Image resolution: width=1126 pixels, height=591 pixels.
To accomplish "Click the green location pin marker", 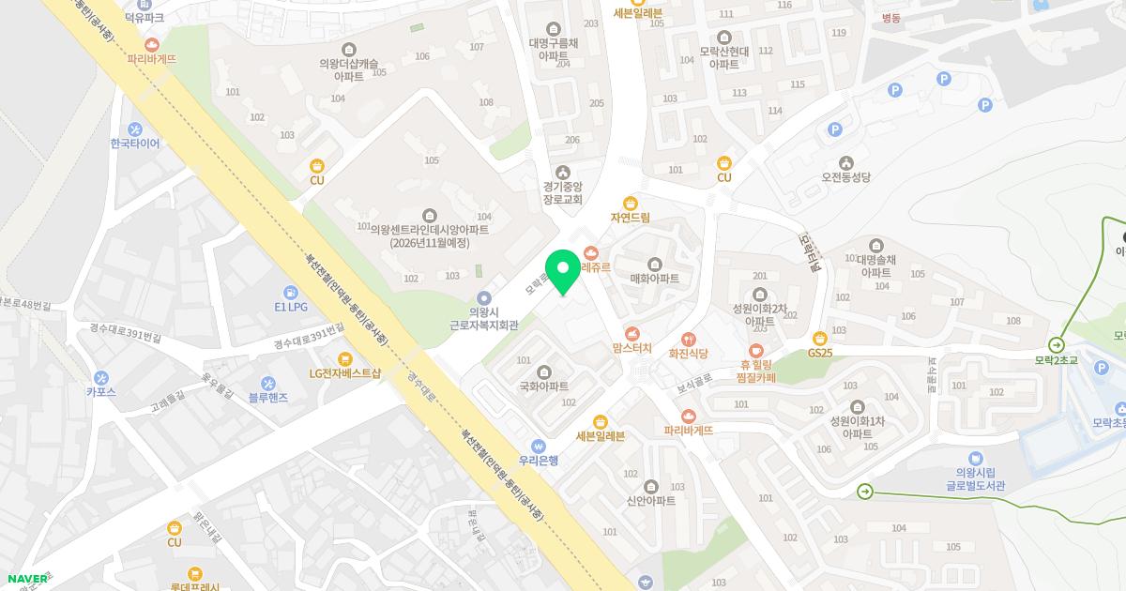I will (563, 272).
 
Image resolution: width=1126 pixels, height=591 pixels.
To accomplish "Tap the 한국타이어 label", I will (135, 144).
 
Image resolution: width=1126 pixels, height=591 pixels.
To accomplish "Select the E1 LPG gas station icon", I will (291, 292).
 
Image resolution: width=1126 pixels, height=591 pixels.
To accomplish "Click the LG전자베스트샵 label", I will (345, 373).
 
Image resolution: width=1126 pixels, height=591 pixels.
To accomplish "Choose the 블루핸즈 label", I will (268, 398).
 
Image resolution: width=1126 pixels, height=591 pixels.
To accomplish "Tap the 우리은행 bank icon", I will (539, 446).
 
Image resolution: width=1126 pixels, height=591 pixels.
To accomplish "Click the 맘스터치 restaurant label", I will (631, 348).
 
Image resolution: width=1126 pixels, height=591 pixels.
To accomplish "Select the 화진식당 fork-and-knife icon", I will (688, 339).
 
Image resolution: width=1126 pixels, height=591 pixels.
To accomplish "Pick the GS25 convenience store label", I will (820, 353).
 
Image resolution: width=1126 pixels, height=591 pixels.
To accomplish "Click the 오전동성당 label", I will (846, 176).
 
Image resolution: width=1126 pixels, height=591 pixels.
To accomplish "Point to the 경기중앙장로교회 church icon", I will (563, 172).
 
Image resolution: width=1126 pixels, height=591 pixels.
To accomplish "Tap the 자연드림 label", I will (631, 218).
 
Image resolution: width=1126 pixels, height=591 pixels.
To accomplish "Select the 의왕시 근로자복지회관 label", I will (484, 318).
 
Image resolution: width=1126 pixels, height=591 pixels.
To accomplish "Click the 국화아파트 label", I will (544, 386).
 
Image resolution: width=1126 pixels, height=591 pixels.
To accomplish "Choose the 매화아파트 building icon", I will (654, 264).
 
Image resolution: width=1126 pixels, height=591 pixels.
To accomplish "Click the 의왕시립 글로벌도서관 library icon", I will (977, 458).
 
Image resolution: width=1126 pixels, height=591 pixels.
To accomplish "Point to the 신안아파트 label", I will (651, 501).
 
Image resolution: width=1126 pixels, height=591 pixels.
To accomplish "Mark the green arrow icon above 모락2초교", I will (1057, 344).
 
